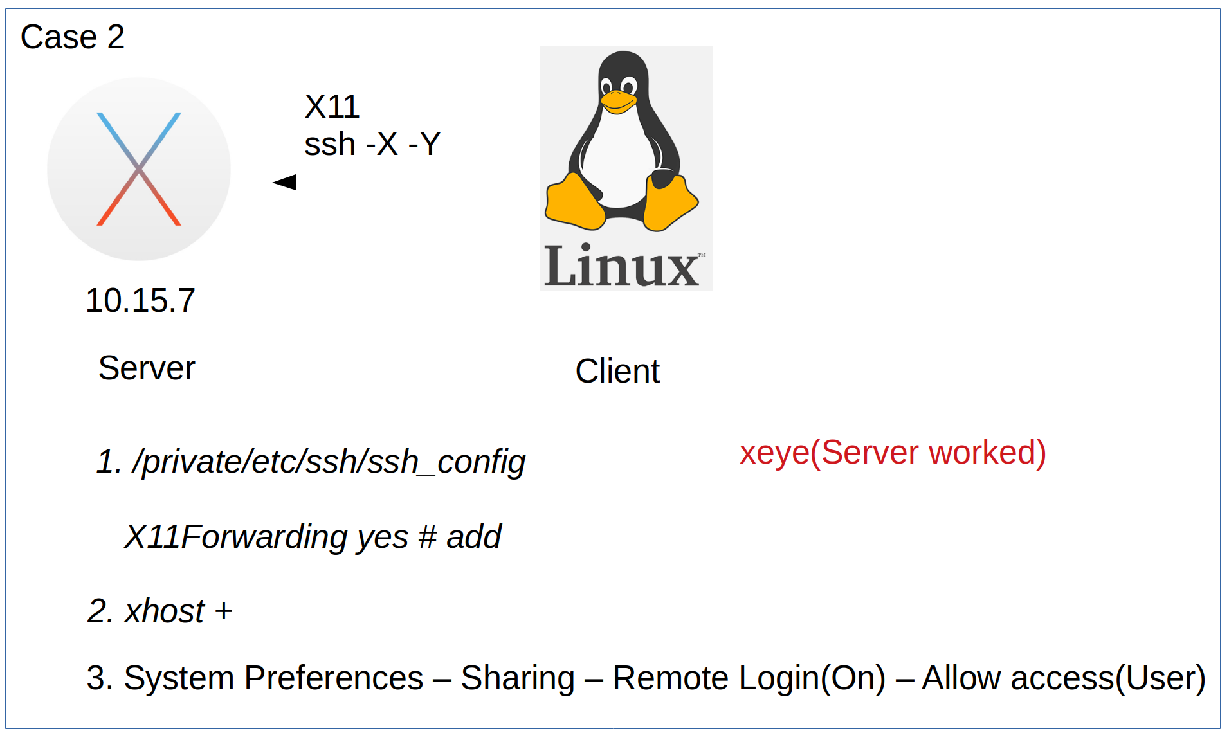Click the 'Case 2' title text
point(72,37)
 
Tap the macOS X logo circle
point(139,169)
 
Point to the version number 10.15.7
point(140,300)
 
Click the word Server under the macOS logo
point(147,368)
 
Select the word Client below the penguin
point(617,371)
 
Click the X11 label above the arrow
point(332,107)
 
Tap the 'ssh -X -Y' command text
point(372,144)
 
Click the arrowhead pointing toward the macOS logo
point(285,183)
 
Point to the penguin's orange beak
point(618,102)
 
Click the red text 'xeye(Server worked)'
point(893,452)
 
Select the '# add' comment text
point(460,537)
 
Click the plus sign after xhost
point(224,611)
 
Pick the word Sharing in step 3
point(518,678)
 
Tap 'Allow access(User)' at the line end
point(1064,678)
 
